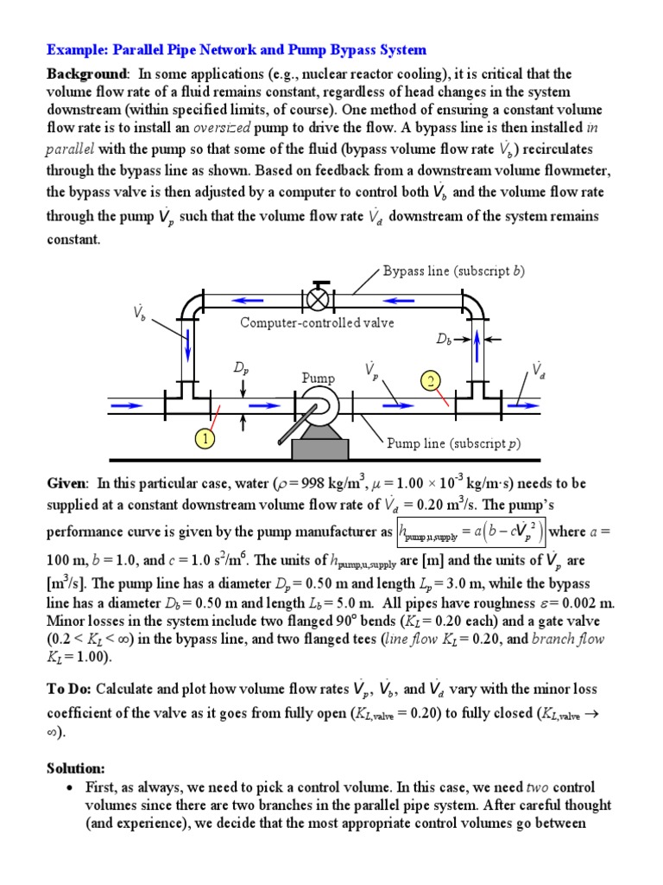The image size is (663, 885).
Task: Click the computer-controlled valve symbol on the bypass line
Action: point(320,299)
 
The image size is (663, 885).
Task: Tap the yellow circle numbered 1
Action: point(204,439)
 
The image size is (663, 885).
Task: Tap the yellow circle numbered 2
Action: point(431,380)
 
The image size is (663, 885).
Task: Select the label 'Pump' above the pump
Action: point(317,379)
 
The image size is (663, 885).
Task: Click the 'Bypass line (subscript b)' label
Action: point(454,271)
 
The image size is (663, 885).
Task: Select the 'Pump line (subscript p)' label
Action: point(453,444)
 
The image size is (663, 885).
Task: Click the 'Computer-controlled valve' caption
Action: point(317,322)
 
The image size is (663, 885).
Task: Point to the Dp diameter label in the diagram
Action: point(242,368)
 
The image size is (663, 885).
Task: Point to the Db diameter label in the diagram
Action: point(445,341)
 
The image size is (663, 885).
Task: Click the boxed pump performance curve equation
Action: point(471,531)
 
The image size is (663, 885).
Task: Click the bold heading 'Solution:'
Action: point(76,768)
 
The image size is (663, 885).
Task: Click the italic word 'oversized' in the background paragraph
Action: point(227,128)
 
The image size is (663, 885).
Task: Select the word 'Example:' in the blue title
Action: point(75,50)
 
